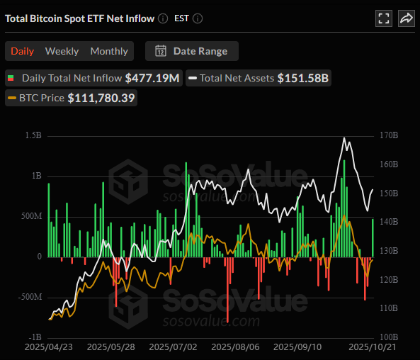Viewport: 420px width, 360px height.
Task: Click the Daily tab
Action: tap(22, 51)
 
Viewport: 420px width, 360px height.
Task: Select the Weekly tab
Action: tap(62, 51)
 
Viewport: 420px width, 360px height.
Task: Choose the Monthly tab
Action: tap(109, 51)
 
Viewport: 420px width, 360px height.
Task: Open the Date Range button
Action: tap(192, 51)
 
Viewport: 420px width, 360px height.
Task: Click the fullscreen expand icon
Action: tap(383, 19)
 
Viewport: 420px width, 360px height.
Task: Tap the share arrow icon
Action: tap(407, 19)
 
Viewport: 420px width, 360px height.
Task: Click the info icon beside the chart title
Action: tap(163, 18)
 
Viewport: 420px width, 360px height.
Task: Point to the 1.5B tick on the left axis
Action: tap(33, 135)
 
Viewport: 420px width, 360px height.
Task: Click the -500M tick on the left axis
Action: tap(29, 296)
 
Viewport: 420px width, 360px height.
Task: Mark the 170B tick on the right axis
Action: tap(389, 135)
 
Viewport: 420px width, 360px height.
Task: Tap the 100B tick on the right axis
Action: tap(389, 337)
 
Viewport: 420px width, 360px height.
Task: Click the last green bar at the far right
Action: tap(373, 237)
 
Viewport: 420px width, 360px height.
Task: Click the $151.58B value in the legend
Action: tap(303, 78)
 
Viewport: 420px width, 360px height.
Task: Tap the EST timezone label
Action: tap(182, 18)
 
